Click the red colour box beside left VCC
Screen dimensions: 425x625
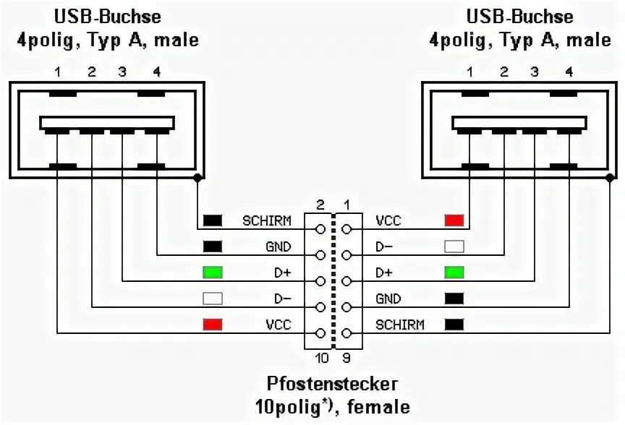[x=213, y=324]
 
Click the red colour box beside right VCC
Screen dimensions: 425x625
[x=454, y=220]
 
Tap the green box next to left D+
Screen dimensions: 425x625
[x=213, y=272]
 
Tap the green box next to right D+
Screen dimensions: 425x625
[x=454, y=272]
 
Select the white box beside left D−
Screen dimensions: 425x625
[x=213, y=298]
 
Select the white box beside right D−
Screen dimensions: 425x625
[x=454, y=246]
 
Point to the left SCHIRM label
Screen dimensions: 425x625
[x=267, y=220]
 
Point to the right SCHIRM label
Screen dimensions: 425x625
[x=400, y=325]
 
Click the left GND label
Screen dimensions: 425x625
[x=278, y=246]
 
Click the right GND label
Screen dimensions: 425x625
[x=388, y=299]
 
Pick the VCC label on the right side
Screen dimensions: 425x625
[x=388, y=220]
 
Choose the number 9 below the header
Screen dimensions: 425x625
[x=348, y=357]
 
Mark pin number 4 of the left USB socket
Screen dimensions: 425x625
[x=156, y=72]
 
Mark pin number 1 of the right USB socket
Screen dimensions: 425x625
[x=470, y=72]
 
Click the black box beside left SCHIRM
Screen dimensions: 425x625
[x=213, y=220]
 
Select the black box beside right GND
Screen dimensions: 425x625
[x=454, y=298]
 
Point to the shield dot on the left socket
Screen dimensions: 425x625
[x=197, y=177]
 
